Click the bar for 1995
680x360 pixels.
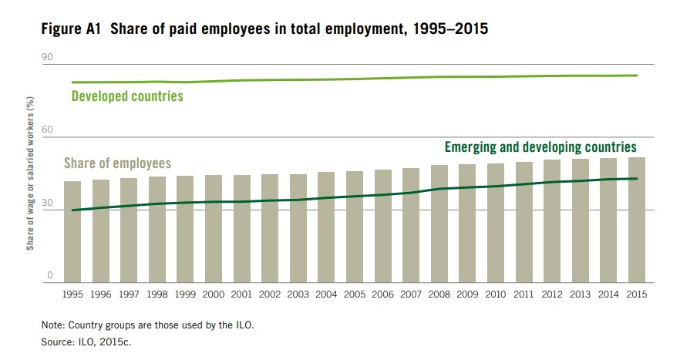tap(72, 231)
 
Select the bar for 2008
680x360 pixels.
tap(439, 224)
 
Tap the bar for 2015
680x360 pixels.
tap(636, 220)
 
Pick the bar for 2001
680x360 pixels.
tap(242, 228)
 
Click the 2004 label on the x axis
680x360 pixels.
tap(326, 294)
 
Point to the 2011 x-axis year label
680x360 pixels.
tap(523, 294)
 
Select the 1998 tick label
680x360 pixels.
tap(157, 294)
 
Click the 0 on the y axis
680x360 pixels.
tap(49, 275)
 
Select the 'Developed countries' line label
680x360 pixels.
tap(127, 97)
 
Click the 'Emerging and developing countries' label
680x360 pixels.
tap(540, 146)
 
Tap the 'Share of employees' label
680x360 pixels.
tap(117, 163)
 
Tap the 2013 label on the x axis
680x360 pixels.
tap(580, 294)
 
